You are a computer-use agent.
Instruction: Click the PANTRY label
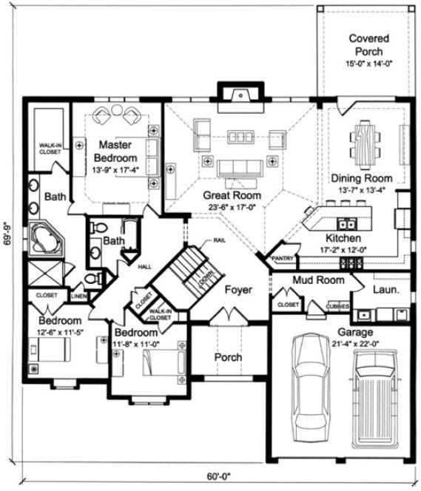283,259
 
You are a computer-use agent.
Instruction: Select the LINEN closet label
79,296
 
